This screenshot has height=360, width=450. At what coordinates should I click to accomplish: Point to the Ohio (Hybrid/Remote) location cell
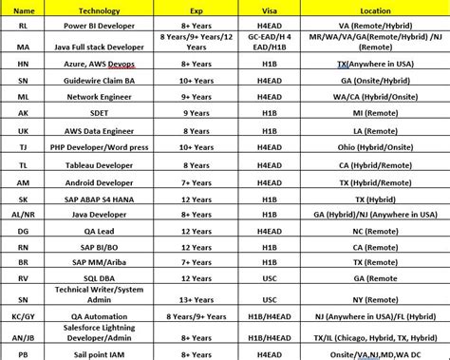[380, 147]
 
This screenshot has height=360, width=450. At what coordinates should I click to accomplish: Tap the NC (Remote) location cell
[380, 232]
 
